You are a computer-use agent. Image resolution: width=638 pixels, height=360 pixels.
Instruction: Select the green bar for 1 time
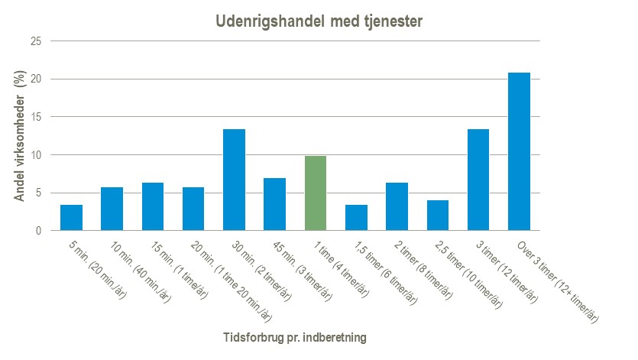coord(316,193)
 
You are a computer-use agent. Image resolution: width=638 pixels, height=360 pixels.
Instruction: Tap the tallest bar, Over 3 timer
coord(519,151)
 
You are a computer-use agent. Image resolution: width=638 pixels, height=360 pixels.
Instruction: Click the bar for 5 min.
coord(71,218)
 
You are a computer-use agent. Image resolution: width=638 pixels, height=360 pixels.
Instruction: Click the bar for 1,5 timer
coord(356,218)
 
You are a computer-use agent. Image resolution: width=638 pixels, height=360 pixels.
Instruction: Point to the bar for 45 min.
coord(274,204)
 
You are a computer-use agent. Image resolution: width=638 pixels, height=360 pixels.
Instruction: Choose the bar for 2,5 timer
coord(438,216)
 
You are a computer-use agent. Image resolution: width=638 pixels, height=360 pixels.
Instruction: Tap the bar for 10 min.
coord(112,209)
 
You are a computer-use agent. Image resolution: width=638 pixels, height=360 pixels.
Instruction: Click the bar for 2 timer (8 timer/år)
coord(397,206)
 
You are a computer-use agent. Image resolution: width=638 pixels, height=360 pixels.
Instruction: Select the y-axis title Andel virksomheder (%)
coord(21,136)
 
